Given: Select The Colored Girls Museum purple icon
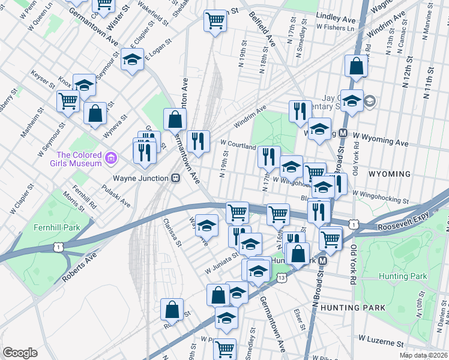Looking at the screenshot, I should click(x=110, y=158).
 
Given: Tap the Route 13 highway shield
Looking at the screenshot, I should click(x=282, y=278).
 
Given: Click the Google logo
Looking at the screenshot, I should click(x=20, y=352).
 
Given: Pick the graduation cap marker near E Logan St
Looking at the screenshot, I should click(x=132, y=59).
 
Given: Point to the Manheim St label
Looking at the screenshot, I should click(x=29, y=124).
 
